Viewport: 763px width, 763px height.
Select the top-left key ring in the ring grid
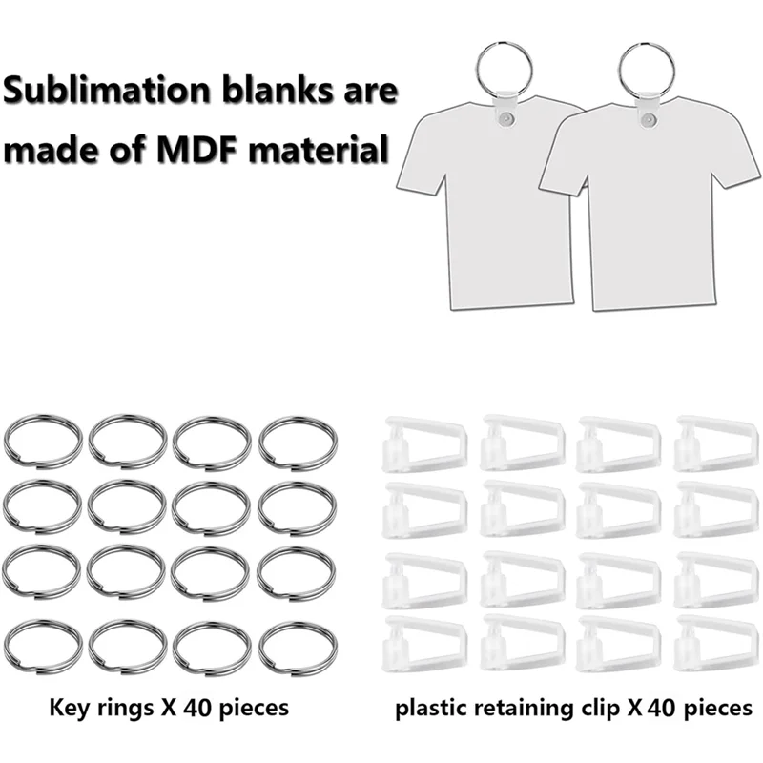click(x=42, y=441)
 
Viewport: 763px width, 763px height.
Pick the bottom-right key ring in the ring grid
click(x=298, y=649)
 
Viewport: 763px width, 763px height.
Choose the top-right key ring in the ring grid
click(x=298, y=441)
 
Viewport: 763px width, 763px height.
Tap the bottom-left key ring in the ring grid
click(x=42, y=649)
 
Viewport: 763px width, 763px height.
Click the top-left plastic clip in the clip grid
click(x=423, y=443)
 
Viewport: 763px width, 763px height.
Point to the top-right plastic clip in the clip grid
click(x=716, y=443)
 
